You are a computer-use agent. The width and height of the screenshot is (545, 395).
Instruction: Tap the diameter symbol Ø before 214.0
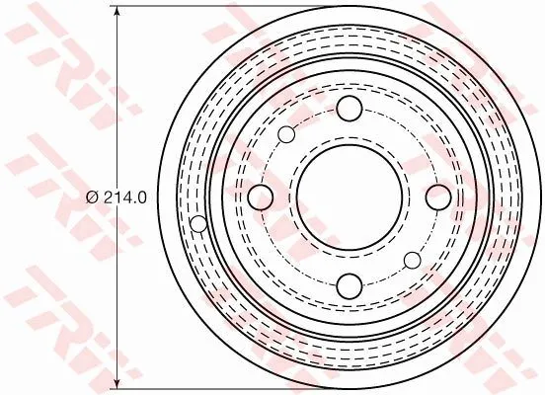92,197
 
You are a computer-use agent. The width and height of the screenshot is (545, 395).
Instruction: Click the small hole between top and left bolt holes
286,134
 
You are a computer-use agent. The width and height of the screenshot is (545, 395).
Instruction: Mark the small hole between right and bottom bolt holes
412,259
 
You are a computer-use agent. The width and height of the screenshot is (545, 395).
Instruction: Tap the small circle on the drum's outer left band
198,223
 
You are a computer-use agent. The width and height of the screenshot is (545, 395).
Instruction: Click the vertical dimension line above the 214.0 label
118,99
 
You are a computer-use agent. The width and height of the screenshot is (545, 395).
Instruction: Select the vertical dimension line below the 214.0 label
118,296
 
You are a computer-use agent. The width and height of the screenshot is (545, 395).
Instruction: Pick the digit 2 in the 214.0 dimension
107,197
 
